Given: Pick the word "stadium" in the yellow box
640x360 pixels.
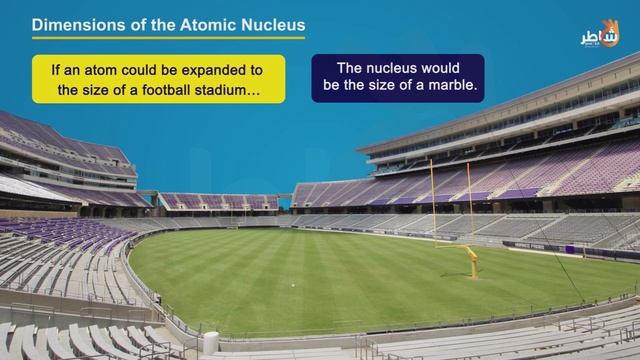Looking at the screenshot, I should (232, 90).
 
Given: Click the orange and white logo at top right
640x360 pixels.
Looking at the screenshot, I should (600, 34).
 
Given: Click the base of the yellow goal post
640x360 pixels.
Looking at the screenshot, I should (473, 271).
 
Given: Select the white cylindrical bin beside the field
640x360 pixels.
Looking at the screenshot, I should (211, 342).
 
